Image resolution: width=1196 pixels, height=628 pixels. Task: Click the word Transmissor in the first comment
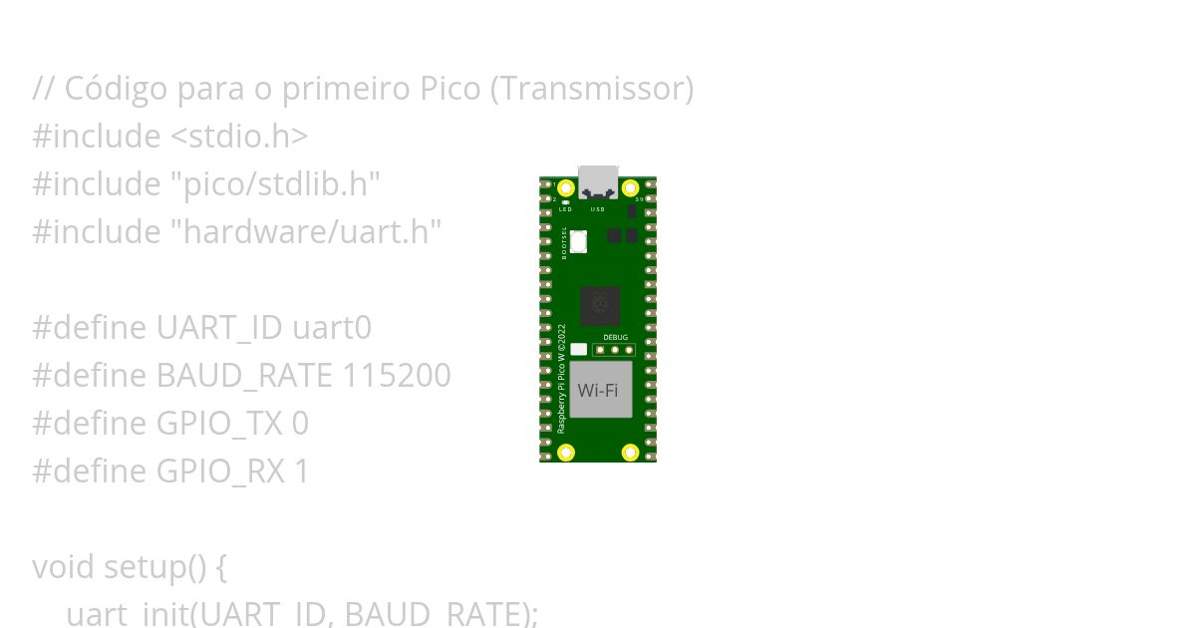(x=591, y=89)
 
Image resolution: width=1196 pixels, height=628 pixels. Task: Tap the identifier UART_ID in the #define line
(x=220, y=328)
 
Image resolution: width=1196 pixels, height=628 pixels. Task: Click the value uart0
(x=332, y=328)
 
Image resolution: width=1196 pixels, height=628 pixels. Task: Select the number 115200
(x=397, y=376)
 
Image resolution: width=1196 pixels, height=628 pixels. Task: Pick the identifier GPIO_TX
(x=219, y=424)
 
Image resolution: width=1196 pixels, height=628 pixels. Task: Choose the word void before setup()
(x=64, y=567)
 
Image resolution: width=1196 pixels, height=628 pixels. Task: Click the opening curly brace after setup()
(x=220, y=568)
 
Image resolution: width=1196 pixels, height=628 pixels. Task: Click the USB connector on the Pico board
(x=598, y=181)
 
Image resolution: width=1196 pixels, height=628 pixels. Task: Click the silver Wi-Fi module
(x=598, y=390)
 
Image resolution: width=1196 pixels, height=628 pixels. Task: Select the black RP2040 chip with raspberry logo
(x=600, y=305)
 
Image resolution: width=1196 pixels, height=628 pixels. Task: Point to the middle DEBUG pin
(x=615, y=350)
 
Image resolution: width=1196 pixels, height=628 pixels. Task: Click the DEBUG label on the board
(x=616, y=337)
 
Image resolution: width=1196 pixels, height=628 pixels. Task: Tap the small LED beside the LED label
(x=565, y=202)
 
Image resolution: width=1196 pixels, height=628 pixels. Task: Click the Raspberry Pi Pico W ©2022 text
(x=561, y=378)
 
